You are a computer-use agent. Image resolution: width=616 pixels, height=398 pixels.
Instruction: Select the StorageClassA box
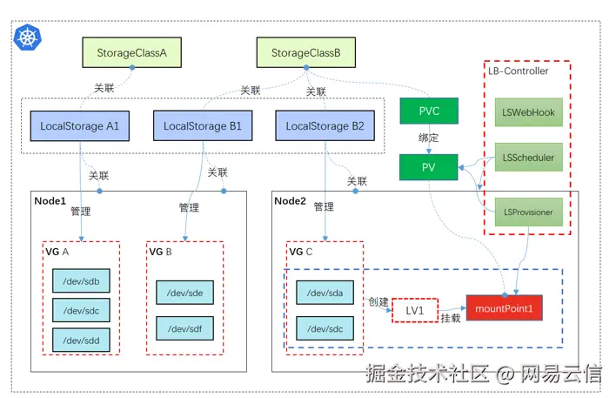[132, 53]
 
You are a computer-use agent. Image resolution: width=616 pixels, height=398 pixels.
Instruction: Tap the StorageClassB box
[306, 53]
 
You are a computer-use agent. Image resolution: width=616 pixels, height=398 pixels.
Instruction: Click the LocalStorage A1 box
[80, 126]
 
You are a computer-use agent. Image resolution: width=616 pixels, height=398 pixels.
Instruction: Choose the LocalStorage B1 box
[203, 126]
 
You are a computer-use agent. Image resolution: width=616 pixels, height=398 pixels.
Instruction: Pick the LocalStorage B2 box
[325, 126]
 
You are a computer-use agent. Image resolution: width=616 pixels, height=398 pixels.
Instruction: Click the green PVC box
[429, 111]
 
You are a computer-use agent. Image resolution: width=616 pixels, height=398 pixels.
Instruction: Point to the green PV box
[428, 167]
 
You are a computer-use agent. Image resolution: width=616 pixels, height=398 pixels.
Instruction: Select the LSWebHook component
[529, 112]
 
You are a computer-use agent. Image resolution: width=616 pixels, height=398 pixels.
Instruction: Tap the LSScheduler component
[529, 158]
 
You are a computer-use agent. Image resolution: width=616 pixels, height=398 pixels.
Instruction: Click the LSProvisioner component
[529, 212]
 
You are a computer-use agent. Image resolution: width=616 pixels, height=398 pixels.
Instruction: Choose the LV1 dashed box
[415, 310]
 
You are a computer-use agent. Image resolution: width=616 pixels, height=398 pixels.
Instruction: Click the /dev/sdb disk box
[82, 281]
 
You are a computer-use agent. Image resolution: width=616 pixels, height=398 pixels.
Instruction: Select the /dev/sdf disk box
[184, 328]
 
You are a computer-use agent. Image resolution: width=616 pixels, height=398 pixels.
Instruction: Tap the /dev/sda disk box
[325, 293]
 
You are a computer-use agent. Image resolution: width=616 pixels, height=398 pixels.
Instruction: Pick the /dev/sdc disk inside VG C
[325, 328]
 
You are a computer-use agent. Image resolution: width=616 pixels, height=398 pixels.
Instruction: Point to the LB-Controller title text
[519, 71]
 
